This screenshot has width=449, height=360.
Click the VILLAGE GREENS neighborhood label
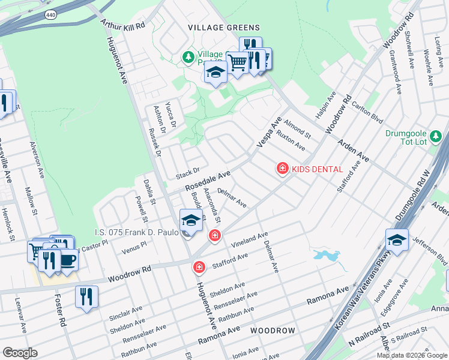pos(224,28)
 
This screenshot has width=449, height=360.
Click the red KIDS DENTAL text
pos(317,169)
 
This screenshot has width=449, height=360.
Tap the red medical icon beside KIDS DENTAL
pos(282,169)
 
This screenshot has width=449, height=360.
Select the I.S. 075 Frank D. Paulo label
pos(137,232)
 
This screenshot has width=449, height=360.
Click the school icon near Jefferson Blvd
pos(397,241)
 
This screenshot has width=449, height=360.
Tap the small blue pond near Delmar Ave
pos(326,255)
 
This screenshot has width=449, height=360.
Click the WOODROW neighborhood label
pos(273,331)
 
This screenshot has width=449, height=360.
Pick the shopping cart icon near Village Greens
pos(237,62)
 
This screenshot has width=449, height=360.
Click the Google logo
pos(20,352)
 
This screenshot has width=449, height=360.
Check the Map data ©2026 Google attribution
pos(411,355)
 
